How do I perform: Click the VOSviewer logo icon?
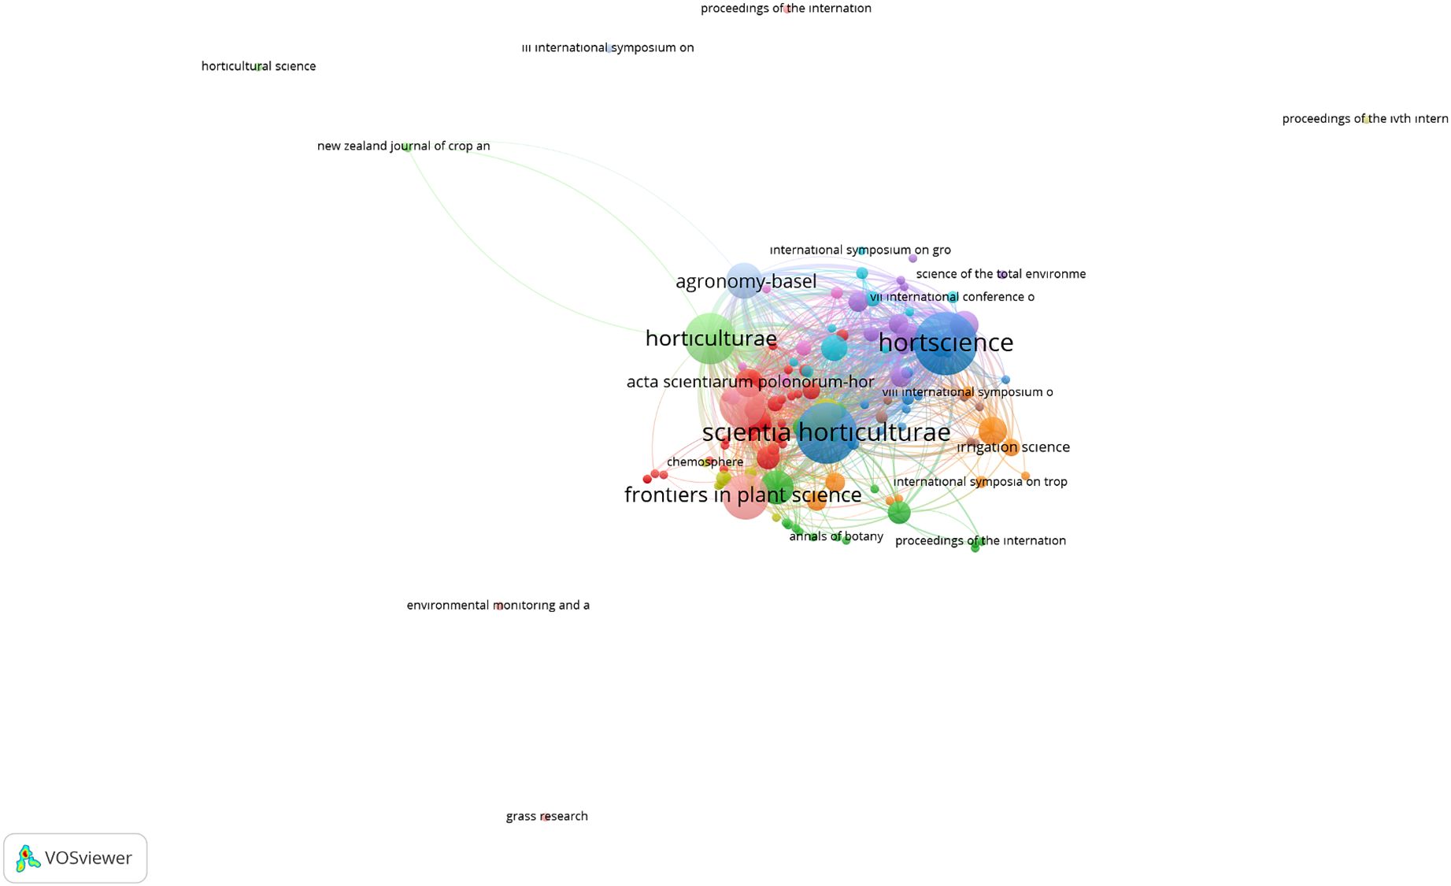click(x=28, y=858)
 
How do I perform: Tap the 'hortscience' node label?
click(x=946, y=343)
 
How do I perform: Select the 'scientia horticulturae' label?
click(x=826, y=432)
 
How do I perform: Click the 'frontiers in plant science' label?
click(x=742, y=495)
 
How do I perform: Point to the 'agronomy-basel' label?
click(x=746, y=281)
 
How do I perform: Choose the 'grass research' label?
click(x=546, y=816)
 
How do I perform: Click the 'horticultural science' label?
click(x=258, y=66)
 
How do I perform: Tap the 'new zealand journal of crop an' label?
click(x=403, y=146)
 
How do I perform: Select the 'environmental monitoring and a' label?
click(x=498, y=605)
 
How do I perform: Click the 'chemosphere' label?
click(x=705, y=462)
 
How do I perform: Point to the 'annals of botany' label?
click(x=836, y=536)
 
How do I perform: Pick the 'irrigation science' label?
click(x=1013, y=447)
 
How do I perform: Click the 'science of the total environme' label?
click(x=1001, y=274)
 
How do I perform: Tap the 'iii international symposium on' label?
click(x=607, y=47)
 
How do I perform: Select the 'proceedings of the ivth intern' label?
click(x=1364, y=119)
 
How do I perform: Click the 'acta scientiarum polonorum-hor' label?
click(x=750, y=382)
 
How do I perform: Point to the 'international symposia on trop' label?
click(x=980, y=481)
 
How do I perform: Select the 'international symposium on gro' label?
click(x=860, y=250)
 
